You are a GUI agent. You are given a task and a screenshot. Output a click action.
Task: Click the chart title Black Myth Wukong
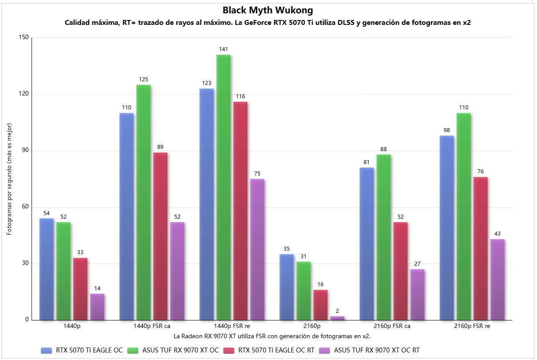pos(268,10)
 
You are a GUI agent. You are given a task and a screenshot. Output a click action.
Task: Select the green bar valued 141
pos(223,187)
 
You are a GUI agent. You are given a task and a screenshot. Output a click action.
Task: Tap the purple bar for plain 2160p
pos(337,318)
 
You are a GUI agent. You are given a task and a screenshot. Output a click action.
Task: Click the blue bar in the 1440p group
pos(47,269)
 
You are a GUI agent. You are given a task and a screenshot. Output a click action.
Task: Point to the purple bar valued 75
pos(257,249)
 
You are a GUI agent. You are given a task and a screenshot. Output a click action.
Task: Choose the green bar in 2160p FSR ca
pos(383,237)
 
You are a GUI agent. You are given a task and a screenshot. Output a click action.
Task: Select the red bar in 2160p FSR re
pos(480,248)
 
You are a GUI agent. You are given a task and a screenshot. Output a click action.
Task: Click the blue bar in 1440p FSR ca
pos(127,216)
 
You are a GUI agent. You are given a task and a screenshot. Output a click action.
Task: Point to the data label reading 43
pos(497,234)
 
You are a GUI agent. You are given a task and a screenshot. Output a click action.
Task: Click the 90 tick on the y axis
pos(24,151)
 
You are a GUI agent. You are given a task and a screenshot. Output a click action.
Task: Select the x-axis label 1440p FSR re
pos(232,326)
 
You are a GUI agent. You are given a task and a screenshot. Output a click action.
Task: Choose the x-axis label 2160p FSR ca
pos(392,326)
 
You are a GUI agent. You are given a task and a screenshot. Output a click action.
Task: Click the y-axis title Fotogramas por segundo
pos(9,179)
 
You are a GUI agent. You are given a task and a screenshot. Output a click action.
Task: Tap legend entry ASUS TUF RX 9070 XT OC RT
pos(376,350)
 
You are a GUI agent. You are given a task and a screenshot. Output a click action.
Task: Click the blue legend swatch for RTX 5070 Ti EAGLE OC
pos(46,350)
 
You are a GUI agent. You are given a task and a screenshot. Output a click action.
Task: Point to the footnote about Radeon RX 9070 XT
pos(272,336)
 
